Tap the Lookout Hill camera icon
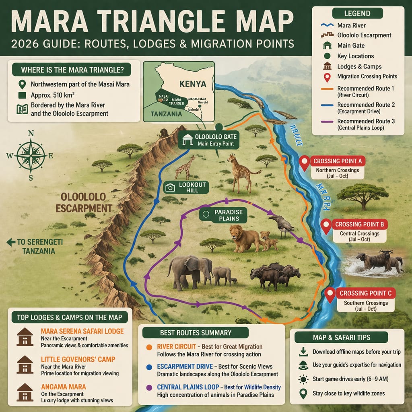[170, 187]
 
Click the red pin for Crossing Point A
[305, 163]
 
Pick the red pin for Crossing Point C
[330, 295]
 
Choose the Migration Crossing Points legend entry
[367, 76]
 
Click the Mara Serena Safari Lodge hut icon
[25, 336]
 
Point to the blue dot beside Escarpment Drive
[149, 367]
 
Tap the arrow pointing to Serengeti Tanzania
[10, 242]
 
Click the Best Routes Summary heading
[196, 333]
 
